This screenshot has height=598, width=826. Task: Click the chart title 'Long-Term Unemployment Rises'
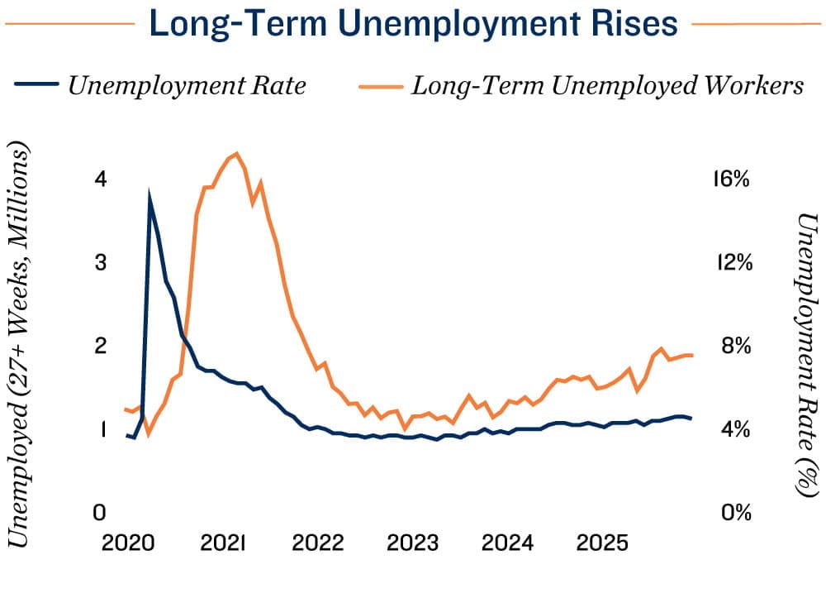coord(413,25)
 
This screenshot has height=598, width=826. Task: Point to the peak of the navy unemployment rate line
coord(150,197)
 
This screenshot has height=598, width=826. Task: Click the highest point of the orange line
coord(236,154)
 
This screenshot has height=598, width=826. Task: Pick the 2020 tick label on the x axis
coord(128,543)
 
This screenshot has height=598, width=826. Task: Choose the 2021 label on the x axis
coord(222,543)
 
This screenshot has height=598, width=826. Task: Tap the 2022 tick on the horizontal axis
coord(317,543)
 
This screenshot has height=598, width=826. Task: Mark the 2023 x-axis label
coord(412,543)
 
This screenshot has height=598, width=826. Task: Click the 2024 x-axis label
coord(507,543)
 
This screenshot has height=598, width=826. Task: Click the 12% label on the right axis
coord(729,263)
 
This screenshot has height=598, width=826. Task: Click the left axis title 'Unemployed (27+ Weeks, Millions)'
coord(20,345)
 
